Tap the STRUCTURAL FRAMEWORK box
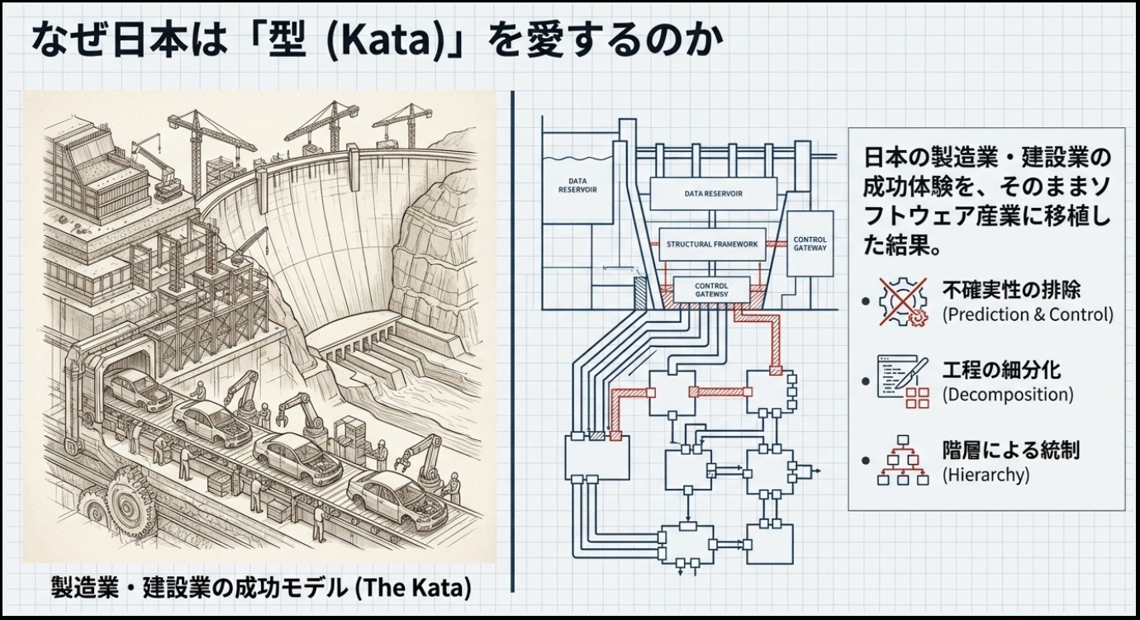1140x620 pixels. click(712, 244)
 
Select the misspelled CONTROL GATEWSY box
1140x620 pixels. click(711, 290)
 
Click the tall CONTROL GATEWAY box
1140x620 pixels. click(810, 244)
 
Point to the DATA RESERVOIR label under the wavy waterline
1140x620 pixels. click(577, 185)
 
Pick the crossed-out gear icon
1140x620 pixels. click(903, 301)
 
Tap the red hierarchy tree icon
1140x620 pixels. click(903, 467)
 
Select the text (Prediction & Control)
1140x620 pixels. click(1028, 315)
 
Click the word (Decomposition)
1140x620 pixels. click(1008, 395)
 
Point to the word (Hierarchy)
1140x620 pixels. click(986, 475)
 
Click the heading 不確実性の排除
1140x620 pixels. click(1011, 291)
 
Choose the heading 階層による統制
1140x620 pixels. click(1011, 451)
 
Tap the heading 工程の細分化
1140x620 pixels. click(1001, 371)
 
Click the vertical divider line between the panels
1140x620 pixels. click(512, 341)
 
